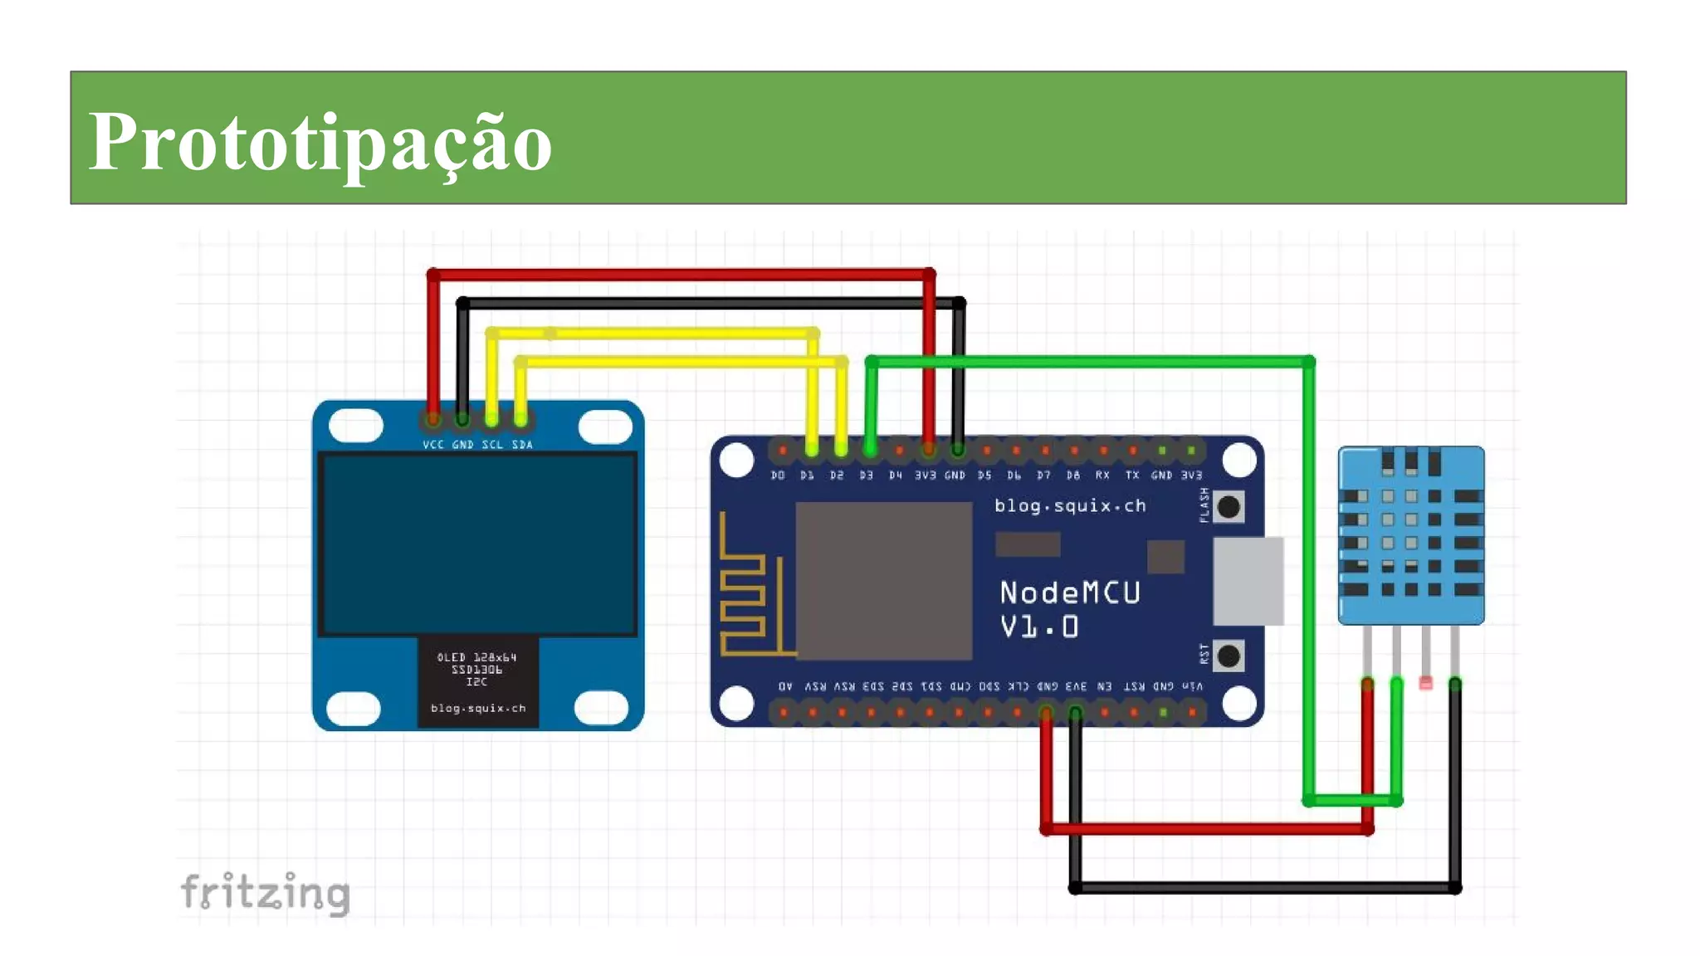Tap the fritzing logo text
click(265, 893)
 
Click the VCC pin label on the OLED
click(432, 445)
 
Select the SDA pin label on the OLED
click(522, 445)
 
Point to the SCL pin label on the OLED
click(492, 445)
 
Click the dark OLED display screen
click(478, 544)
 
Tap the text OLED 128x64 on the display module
click(477, 657)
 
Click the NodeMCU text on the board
click(1069, 593)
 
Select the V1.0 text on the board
click(1038, 627)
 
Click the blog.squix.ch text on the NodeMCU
click(1070, 505)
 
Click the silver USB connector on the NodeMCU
click(1248, 581)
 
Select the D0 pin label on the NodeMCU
click(778, 476)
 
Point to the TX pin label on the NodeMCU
click(1132, 476)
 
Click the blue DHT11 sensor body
click(1410, 535)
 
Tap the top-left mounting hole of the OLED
click(355, 426)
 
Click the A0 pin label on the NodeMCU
click(785, 686)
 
